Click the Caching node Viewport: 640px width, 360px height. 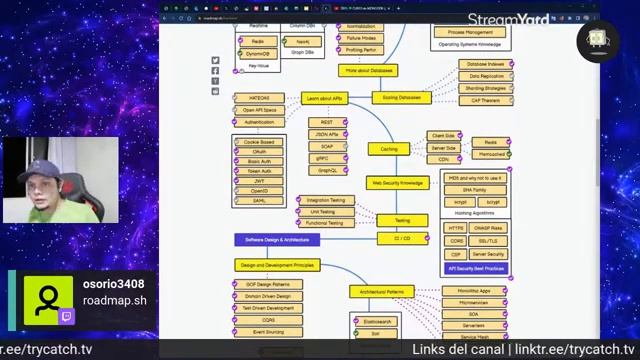(x=388, y=149)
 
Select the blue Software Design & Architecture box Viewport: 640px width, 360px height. (x=277, y=240)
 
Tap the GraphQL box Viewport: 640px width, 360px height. (x=327, y=170)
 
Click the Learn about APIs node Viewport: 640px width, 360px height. (x=324, y=98)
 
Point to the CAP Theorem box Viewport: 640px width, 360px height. (x=485, y=100)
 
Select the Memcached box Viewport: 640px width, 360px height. (x=491, y=154)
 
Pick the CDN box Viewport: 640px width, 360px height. (x=443, y=159)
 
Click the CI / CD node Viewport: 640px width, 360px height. (x=402, y=238)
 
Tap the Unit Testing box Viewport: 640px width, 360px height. (x=322, y=211)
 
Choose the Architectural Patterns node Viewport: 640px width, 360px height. (x=382, y=292)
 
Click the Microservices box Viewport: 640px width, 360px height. (x=473, y=302)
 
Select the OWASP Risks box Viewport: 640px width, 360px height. (x=488, y=228)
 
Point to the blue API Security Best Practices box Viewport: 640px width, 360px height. (x=475, y=268)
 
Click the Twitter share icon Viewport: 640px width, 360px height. (x=215, y=61)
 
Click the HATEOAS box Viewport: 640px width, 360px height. (x=259, y=98)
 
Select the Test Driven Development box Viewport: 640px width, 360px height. (x=268, y=308)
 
